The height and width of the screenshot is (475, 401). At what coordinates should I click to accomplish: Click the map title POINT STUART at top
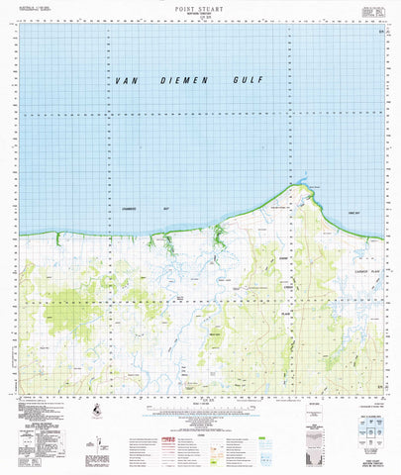coord(201,6)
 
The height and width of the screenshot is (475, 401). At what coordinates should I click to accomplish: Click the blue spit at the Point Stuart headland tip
coord(303,183)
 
